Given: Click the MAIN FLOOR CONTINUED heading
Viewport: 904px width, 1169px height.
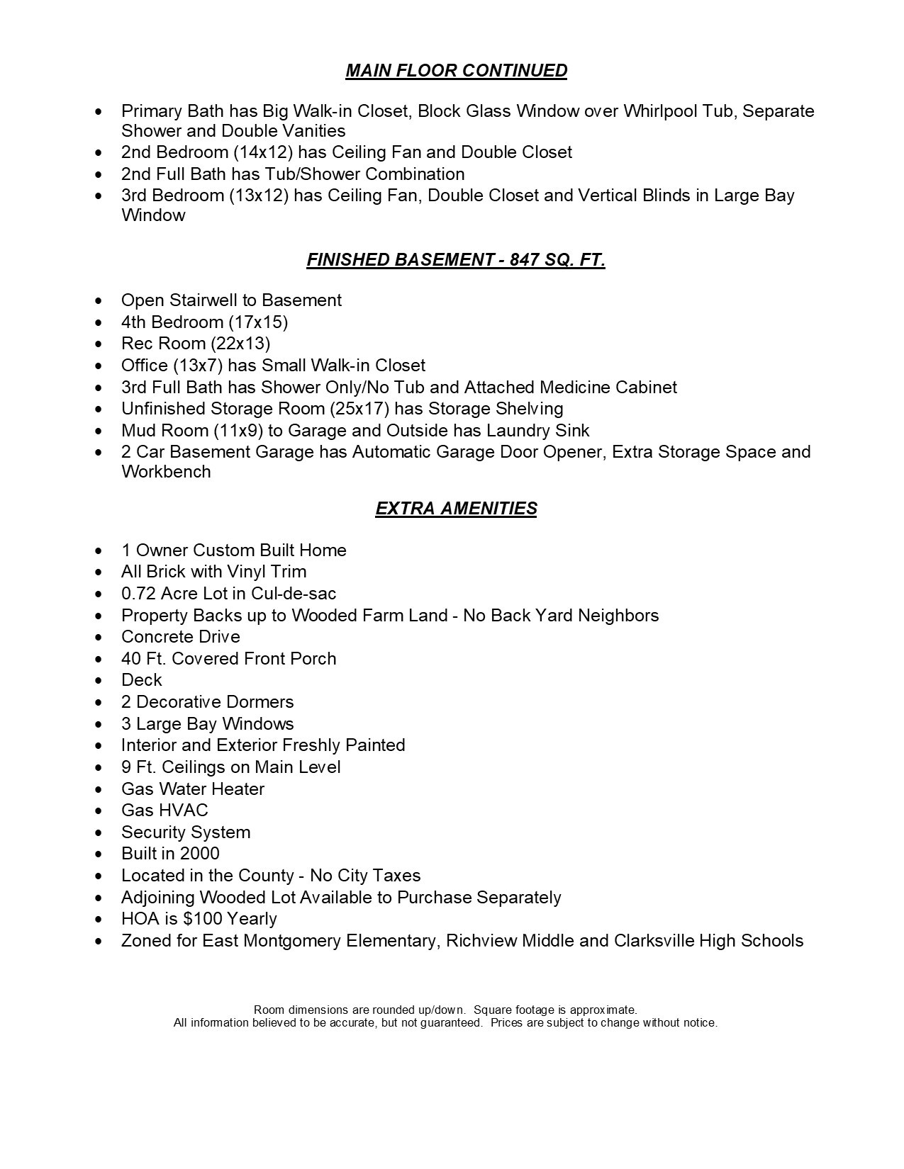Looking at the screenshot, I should [456, 71].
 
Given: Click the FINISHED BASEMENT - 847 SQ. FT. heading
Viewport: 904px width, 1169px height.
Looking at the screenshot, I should [456, 260].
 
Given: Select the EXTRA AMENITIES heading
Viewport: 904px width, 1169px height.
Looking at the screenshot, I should [456, 509].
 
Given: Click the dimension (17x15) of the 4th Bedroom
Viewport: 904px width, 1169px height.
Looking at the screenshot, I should [258, 322].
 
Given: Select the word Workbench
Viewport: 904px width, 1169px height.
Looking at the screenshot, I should [166, 472].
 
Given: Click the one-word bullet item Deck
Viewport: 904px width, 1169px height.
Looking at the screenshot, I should [142, 680].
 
